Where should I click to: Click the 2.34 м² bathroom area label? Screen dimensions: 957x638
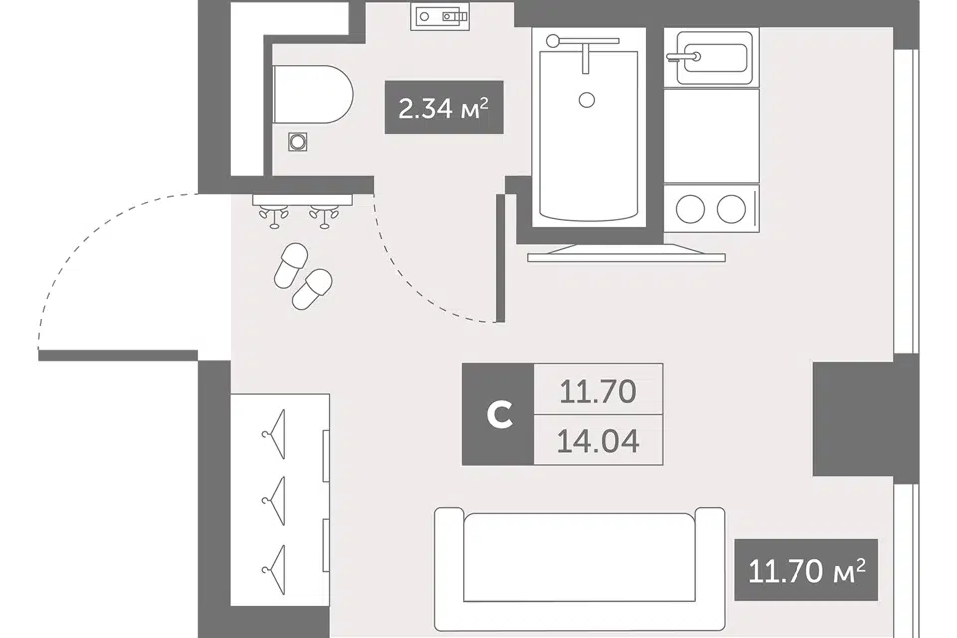pos(444,108)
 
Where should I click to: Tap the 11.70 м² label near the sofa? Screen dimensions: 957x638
pos(805,570)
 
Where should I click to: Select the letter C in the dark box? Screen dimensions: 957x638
pos(499,414)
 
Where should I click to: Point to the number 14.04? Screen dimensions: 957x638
pos(598,441)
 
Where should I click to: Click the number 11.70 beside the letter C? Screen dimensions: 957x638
pos(598,392)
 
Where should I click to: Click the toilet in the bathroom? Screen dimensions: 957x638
pos(312,94)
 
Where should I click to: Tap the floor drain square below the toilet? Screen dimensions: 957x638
pos(298,142)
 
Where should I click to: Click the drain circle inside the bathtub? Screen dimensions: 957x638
pos(587,100)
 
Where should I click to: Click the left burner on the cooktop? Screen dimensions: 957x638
pos(690,209)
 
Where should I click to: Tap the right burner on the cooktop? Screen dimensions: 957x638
pos(731,209)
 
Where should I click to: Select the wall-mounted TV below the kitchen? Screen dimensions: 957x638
pos(626,253)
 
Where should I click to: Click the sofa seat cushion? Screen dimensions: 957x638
pos(578,558)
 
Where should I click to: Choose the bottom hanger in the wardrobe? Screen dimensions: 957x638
pos(275,569)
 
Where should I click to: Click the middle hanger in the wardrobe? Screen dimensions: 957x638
pos(275,501)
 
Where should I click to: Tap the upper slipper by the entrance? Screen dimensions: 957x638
pos(291,265)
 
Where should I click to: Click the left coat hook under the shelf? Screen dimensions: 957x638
pos(273,217)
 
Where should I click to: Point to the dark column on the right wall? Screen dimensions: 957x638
pos(866,419)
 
